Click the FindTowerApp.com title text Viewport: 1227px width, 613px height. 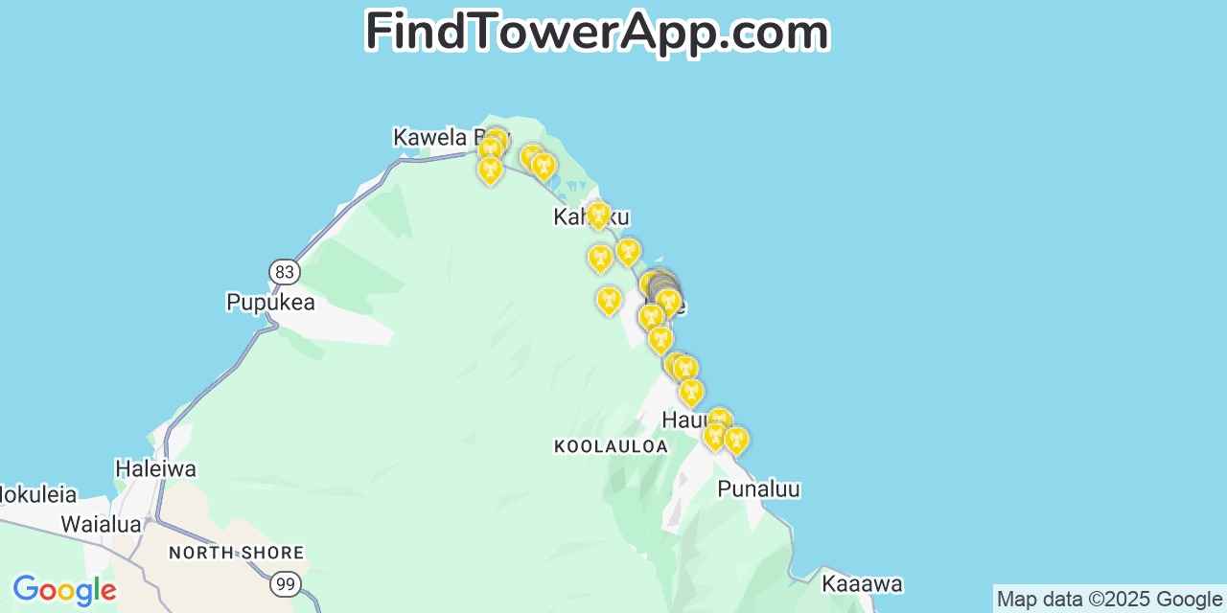click(x=596, y=33)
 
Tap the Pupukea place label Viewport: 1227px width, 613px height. click(x=270, y=303)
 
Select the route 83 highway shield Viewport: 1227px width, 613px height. click(x=284, y=272)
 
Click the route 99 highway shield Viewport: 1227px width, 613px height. click(x=285, y=583)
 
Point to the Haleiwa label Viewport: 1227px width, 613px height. click(x=155, y=469)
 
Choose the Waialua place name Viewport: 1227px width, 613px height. click(x=101, y=524)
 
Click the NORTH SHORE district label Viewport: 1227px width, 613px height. click(x=236, y=553)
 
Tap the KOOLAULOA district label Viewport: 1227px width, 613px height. click(x=611, y=446)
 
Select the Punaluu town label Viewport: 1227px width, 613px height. click(x=758, y=489)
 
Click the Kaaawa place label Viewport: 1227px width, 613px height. click(x=862, y=584)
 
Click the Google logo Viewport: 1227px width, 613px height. click(x=64, y=590)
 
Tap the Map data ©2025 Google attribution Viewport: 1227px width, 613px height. click(x=1109, y=600)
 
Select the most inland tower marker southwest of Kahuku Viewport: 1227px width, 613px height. click(x=608, y=300)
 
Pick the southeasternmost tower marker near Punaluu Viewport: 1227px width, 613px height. click(x=735, y=440)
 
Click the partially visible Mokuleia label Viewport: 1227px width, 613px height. click(x=37, y=495)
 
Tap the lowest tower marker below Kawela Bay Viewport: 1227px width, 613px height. click(x=490, y=170)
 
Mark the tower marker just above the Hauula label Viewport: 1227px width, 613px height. click(x=690, y=391)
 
